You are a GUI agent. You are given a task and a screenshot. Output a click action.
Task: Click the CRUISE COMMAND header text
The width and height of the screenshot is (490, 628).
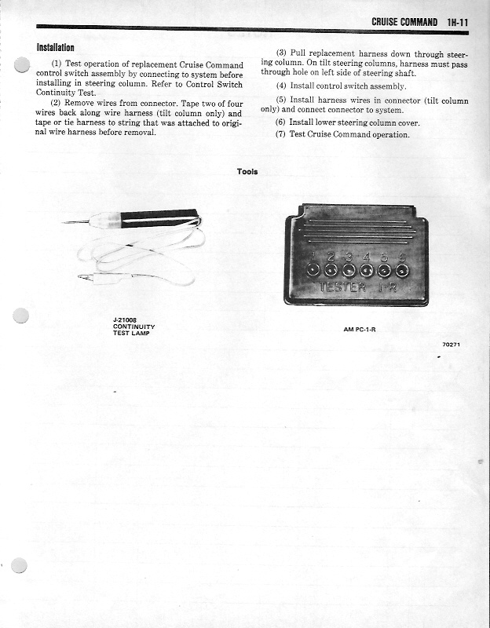(x=404, y=22)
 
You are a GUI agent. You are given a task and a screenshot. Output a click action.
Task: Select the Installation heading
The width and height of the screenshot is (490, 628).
(x=55, y=48)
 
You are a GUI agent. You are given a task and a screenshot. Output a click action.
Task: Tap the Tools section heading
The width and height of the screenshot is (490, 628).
(x=247, y=171)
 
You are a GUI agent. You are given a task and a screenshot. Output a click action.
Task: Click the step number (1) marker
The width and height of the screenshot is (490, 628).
(x=57, y=64)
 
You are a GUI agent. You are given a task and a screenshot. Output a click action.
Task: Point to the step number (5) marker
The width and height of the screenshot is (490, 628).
(x=281, y=100)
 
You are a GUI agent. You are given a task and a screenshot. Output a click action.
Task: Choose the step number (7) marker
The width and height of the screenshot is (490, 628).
(x=280, y=134)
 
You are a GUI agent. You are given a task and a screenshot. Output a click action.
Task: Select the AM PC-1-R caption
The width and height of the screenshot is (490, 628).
(x=360, y=329)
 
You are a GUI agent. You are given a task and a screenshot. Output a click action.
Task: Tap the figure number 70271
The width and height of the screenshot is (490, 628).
(x=451, y=345)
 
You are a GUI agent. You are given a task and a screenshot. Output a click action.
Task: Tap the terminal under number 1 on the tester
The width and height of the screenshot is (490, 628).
(x=313, y=270)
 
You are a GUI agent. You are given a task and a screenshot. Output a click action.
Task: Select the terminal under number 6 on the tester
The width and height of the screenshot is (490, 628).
(x=402, y=270)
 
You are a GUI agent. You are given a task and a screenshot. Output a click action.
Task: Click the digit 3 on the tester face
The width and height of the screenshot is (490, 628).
(x=348, y=257)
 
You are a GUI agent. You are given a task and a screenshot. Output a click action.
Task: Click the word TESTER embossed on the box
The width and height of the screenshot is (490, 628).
(x=342, y=287)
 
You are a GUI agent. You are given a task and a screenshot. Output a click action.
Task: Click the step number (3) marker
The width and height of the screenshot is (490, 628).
(x=280, y=53)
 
